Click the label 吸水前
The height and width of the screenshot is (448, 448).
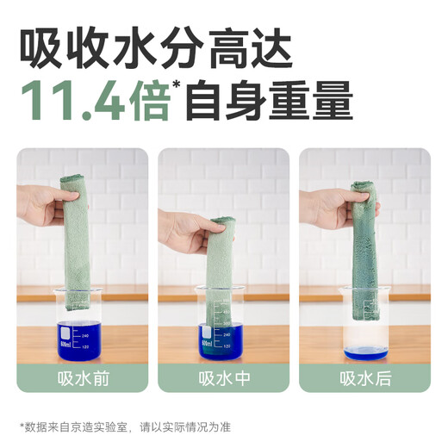pos(83,377)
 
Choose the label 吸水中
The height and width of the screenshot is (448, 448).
pos(223,377)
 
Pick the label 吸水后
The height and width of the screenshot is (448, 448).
pos(364,377)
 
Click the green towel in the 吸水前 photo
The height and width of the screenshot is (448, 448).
pos(78,233)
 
